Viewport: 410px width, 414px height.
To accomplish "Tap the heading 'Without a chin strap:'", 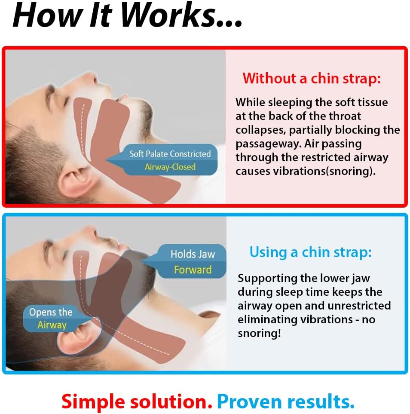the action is click(312, 78).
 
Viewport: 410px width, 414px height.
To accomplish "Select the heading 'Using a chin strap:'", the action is click(310, 252).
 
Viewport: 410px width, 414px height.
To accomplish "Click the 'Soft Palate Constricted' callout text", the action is click(170, 153).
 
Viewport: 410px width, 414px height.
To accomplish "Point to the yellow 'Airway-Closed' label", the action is click(170, 167).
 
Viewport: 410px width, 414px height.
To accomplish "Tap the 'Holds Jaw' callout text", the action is click(193, 254).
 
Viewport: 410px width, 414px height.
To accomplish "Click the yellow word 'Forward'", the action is click(193, 270).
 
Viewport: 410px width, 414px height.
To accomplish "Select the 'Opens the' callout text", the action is click(51, 312).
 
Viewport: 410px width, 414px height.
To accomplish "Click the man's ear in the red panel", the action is click(74, 180).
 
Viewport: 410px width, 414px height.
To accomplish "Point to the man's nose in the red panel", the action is click(90, 77).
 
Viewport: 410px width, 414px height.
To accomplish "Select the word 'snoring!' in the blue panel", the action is click(259, 333).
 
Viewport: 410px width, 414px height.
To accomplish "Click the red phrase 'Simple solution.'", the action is click(137, 402).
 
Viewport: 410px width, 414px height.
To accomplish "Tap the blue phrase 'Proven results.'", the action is click(286, 402).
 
